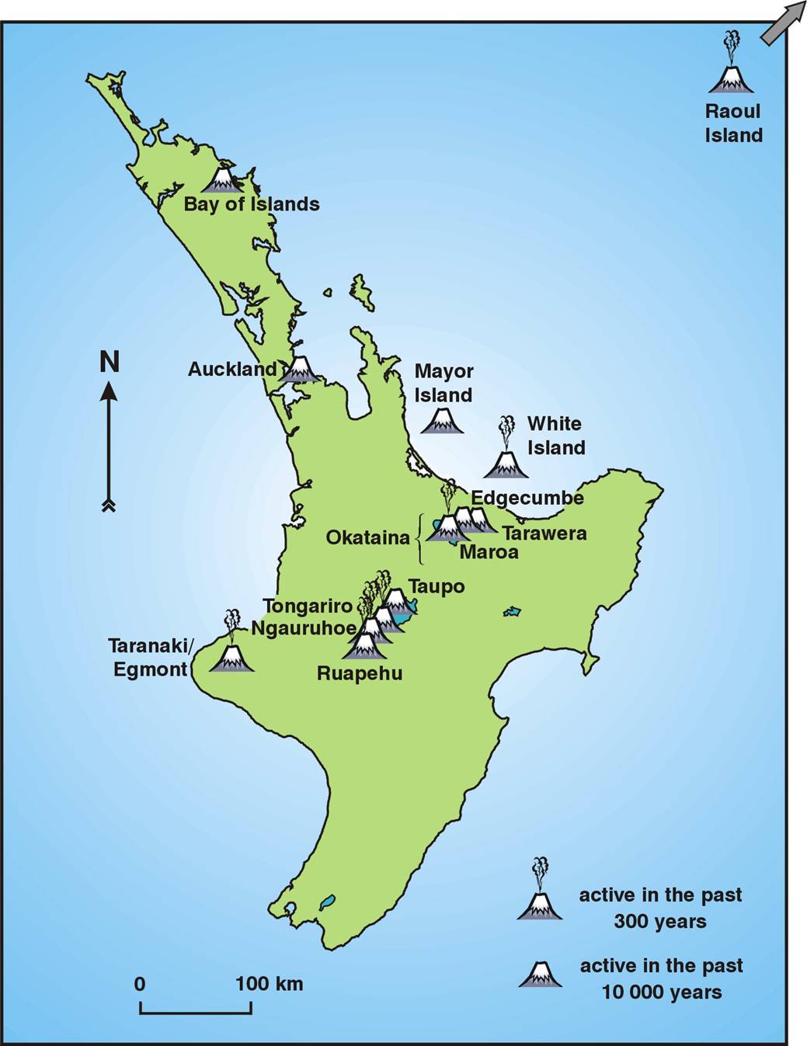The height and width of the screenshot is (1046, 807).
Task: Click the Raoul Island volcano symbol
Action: (x=730, y=75)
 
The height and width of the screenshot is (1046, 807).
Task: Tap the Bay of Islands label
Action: (x=252, y=204)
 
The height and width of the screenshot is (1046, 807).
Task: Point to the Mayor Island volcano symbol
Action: (x=443, y=421)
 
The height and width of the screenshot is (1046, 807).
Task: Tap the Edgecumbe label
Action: (x=527, y=498)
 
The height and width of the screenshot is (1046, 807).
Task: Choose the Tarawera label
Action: (x=544, y=533)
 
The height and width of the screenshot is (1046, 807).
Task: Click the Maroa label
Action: (x=489, y=552)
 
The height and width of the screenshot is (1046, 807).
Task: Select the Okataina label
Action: (x=367, y=537)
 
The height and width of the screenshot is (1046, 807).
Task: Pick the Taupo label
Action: (x=437, y=586)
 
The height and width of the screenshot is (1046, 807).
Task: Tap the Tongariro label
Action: (x=308, y=606)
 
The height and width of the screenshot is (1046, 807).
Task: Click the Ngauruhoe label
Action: (x=304, y=627)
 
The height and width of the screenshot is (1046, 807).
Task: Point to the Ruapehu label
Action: (x=360, y=672)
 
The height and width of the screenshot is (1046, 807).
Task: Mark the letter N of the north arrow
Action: (x=110, y=362)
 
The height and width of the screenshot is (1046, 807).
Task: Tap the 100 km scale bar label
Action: (x=269, y=984)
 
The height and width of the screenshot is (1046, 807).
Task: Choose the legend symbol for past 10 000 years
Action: (x=541, y=975)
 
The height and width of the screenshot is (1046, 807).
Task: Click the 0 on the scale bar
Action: (x=140, y=984)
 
